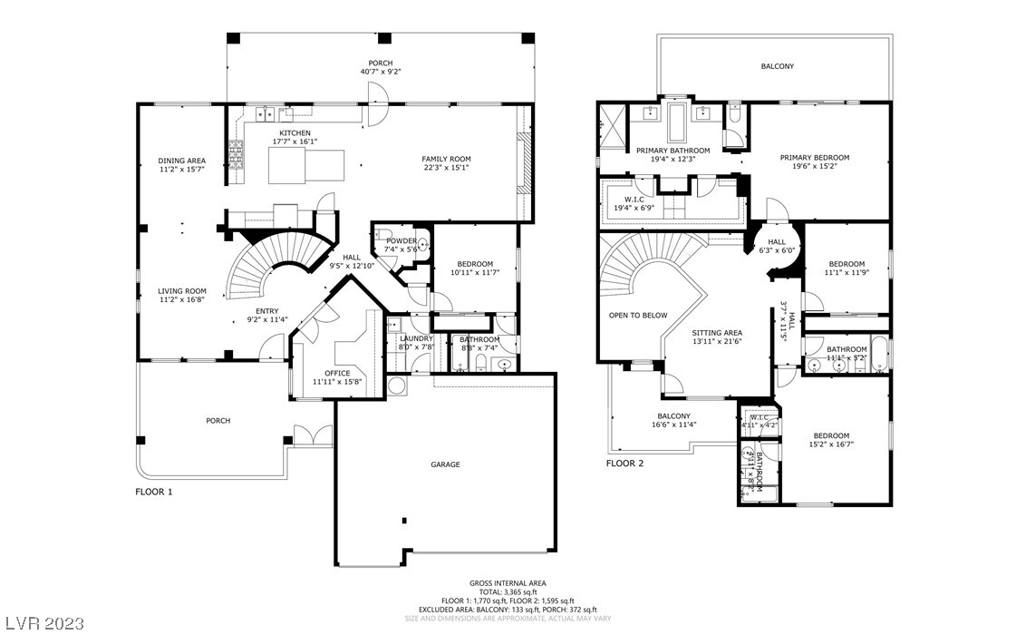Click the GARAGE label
tap(445, 464)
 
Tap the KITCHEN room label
tap(295, 133)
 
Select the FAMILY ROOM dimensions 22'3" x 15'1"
tap(446, 168)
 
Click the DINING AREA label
tap(181, 161)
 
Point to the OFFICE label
tap(337, 373)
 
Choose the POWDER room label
tap(402, 240)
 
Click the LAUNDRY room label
tap(417, 338)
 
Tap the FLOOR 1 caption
tap(153, 492)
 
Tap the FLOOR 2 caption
tap(624, 464)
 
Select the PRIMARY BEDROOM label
tap(814, 157)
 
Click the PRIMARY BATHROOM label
tap(672, 151)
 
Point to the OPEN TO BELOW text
tap(638, 316)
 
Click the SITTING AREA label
tap(717, 333)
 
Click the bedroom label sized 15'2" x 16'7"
tap(831, 440)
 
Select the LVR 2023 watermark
tap(43, 624)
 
